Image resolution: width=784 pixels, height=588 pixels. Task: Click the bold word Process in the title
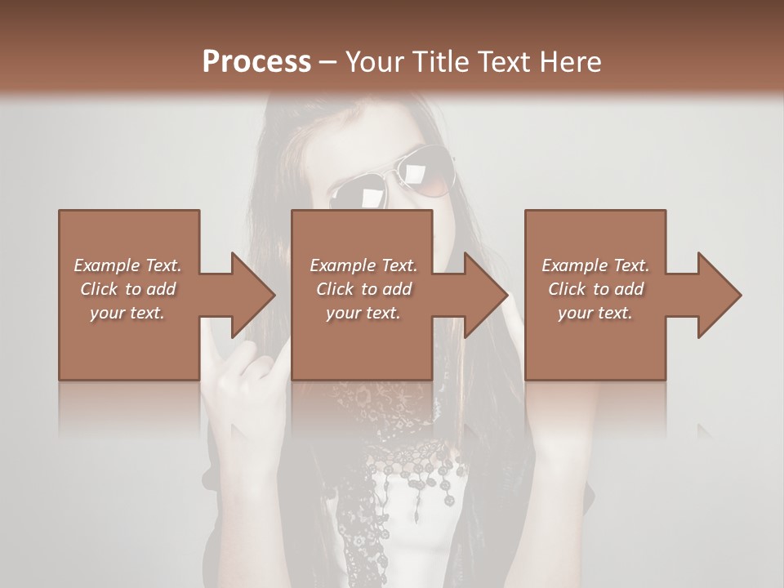tap(256, 62)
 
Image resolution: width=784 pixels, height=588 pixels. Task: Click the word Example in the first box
tap(107, 265)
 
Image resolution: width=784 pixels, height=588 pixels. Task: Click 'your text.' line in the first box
tap(127, 313)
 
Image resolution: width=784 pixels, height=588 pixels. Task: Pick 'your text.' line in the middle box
tap(363, 313)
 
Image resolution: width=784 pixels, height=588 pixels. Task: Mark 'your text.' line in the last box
tap(595, 313)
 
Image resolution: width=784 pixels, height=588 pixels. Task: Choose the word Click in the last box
tap(568, 289)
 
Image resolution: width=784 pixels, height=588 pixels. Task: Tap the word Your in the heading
tap(372, 62)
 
